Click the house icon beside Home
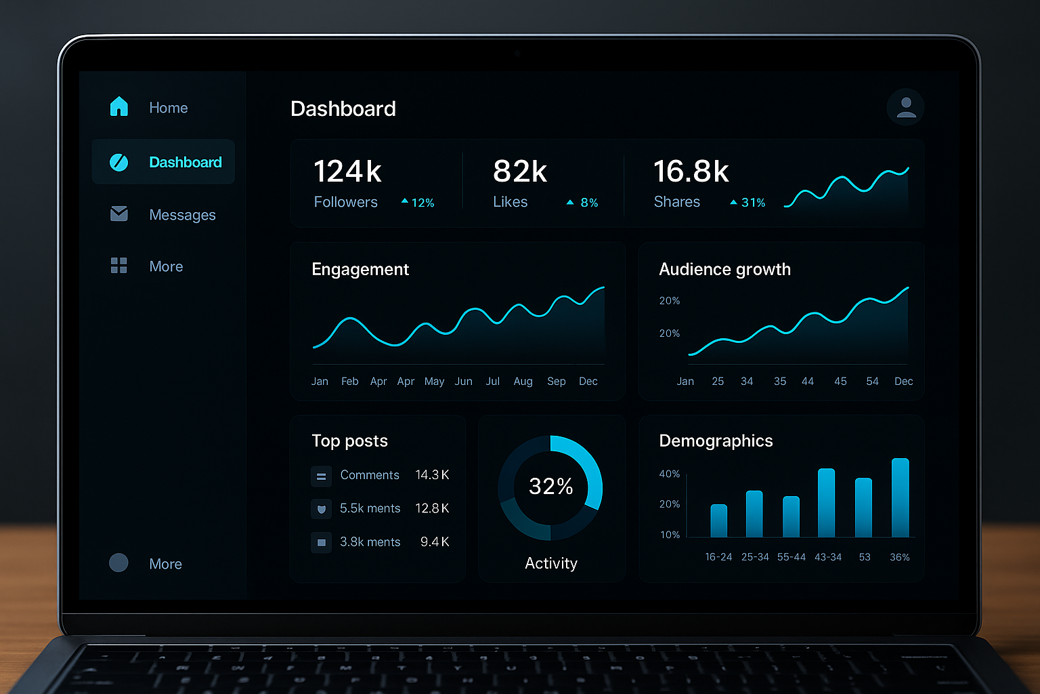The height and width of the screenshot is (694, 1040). [119, 107]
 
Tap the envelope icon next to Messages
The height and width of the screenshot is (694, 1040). [119, 214]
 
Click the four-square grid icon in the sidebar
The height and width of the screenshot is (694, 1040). [119, 266]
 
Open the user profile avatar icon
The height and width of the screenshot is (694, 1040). [906, 107]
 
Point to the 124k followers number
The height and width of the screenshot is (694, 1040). [347, 171]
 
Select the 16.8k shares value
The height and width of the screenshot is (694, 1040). [691, 171]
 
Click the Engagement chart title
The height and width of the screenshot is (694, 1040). [360, 270]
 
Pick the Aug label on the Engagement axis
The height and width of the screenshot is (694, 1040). [523, 382]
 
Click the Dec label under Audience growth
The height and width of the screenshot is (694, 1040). [903, 382]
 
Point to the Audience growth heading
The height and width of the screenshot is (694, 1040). [724, 270]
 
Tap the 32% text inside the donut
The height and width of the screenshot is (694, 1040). [550, 487]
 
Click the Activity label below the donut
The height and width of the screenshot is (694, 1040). [551, 563]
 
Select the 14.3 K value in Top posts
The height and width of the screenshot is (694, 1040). [432, 475]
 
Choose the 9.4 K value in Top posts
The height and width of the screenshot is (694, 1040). [435, 542]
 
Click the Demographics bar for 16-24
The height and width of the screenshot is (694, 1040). [718, 521]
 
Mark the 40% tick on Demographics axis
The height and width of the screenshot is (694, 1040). [669, 474]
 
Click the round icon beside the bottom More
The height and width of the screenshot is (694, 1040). [118, 563]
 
